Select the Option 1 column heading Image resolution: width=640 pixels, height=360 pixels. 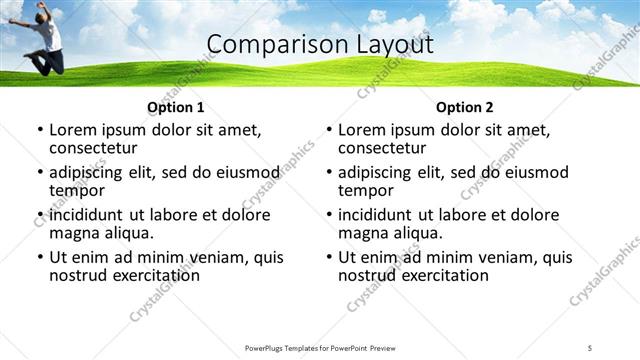click(x=175, y=107)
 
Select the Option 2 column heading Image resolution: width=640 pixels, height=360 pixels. click(x=464, y=107)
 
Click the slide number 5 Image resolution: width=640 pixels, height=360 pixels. click(x=590, y=347)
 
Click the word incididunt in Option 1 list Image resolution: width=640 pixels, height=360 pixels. click(x=89, y=215)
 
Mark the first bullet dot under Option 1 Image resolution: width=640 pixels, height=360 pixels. click(x=40, y=130)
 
